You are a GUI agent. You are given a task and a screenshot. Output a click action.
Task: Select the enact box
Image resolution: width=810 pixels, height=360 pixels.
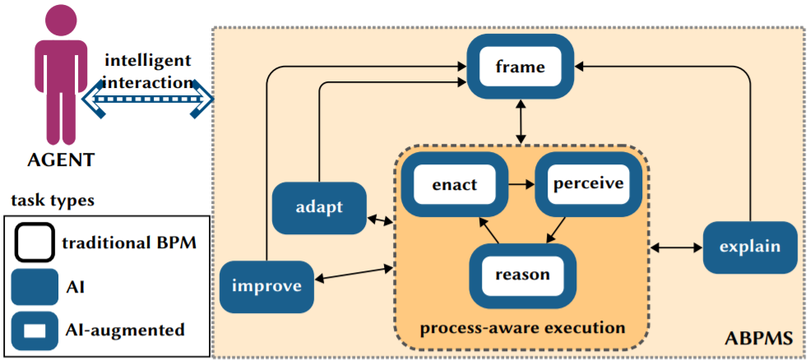455,184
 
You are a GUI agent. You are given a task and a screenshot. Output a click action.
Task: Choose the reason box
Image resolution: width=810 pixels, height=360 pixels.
522,274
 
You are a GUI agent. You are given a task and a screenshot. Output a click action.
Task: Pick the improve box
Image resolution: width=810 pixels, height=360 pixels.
266,286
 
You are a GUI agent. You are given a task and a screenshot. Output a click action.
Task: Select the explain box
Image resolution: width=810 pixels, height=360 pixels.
750,247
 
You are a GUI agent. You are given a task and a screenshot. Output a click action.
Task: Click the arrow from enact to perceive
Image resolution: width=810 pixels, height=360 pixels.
521,184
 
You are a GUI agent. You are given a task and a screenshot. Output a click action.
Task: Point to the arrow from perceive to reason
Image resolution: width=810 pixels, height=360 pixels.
555,228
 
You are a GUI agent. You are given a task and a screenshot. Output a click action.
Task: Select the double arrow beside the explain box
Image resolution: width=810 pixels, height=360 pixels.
677,248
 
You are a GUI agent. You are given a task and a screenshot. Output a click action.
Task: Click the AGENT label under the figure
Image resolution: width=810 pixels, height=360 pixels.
62,159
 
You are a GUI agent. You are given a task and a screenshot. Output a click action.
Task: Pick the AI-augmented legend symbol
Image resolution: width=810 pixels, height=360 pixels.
35,329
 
